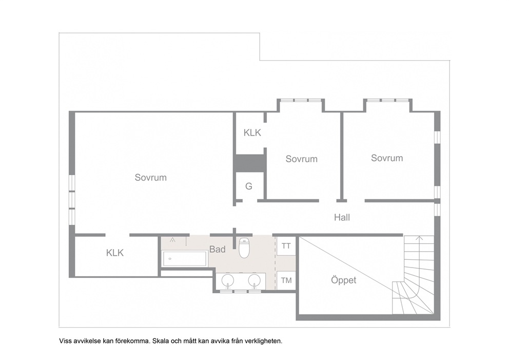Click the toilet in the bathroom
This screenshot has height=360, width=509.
click(244, 248)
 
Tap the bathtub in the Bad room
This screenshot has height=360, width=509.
click(184, 259)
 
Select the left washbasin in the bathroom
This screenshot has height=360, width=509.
click(227, 281)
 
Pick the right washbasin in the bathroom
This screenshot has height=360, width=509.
click(254, 281)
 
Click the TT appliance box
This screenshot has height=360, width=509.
click(286, 247)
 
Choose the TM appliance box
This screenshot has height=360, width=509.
click(286, 280)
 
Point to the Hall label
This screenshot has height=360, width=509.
click(342, 217)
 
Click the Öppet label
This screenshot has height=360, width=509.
click(343, 280)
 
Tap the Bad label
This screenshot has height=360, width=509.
click(217, 249)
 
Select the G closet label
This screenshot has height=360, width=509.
click(249, 186)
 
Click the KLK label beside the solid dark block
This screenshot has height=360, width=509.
click(252, 132)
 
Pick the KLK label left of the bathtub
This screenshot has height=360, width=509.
click(114, 253)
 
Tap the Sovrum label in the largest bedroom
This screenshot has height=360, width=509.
click(151, 177)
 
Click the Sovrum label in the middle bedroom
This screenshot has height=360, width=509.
click(301, 159)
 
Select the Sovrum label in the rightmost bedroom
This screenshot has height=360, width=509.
click(387, 158)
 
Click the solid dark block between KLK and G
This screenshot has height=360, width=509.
click(250, 162)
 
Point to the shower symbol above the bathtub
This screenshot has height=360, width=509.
click(173, 240)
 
